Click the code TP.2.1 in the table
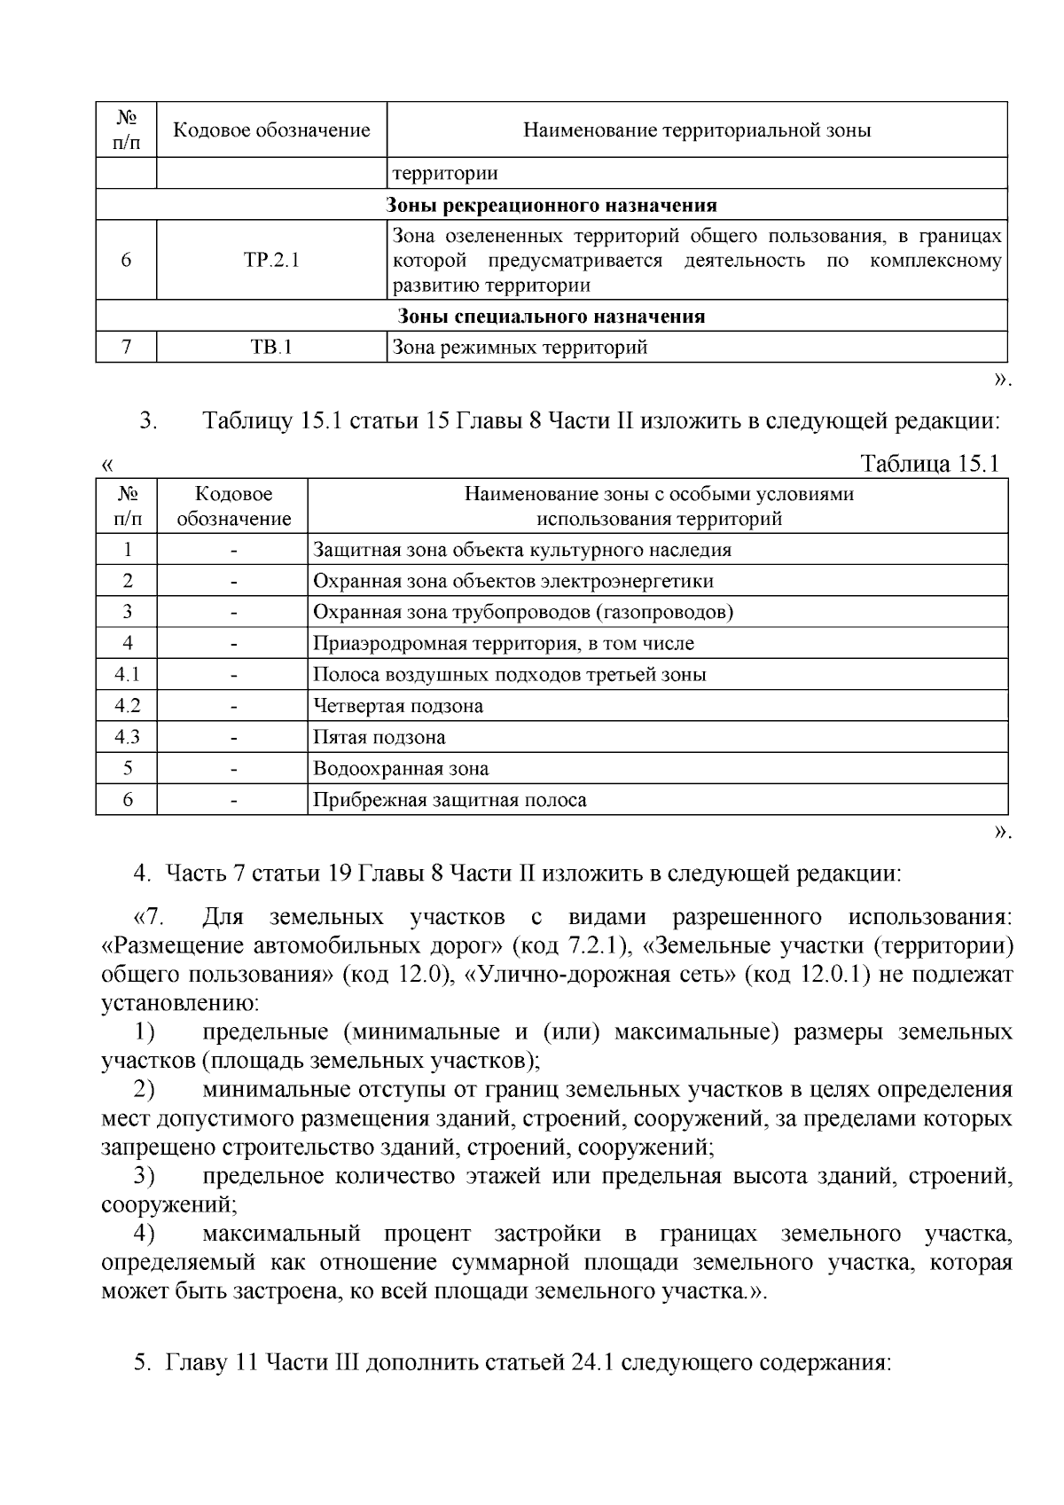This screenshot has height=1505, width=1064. (x=271, y=261)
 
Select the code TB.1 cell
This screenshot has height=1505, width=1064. (x=271, y=348)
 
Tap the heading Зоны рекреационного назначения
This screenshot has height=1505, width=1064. (x=552, y=206)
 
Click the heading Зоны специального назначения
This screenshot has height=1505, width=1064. (x=552, y=317)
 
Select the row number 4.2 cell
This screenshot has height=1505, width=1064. (x=127, y=706)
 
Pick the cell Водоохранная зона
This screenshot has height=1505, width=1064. (x=401, y=769)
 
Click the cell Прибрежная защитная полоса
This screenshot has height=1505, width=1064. (x=450, y=800)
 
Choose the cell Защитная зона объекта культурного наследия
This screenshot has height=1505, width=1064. (x=522, y=550)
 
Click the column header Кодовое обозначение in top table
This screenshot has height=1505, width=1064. (x=271, y=130)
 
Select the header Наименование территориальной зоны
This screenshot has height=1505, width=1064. (x=697, y=130)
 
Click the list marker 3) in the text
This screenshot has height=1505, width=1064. (x=145, y=1177)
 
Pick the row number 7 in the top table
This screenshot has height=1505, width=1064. (x=127, y=348)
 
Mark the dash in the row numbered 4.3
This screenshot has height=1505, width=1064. (x=233, y=737)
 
